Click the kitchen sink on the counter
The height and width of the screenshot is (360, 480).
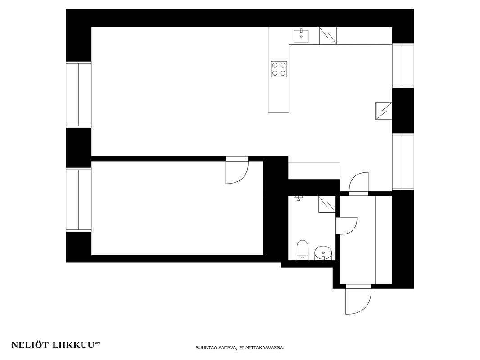pyautogui.click(x=301, y=36)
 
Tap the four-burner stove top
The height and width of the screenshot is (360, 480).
pyautogui.click(x=279, y=69)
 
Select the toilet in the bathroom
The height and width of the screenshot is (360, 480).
pyautogui.click(x=303, y=250)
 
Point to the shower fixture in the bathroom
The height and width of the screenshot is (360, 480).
pyautogui.click(x=298, y=198)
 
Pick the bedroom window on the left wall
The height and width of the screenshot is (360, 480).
pyautogui.click(x=79, y=200)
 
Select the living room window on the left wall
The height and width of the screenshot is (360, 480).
pyautogui.click(x=79, y=94)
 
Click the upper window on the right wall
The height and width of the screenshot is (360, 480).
pyautogui.click(x=403, y=66)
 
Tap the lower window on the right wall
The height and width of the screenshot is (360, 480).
pyautogui.click(x=403, y=162)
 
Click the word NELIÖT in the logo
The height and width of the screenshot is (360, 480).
pyautogui.click(x=30, y=345)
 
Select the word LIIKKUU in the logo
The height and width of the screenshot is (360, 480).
pyautogui.click(x=73, y=345)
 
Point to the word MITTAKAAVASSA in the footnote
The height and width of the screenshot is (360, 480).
pyautogui.click(x=265, y=348)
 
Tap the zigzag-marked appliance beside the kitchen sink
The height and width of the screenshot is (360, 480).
pyautogui.click(x=328, y=36)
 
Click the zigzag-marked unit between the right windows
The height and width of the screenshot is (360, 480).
pyautogui.click(x=384, y=111)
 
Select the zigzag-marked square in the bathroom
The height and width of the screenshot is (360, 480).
pyautogui.click(x=327, y=204)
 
